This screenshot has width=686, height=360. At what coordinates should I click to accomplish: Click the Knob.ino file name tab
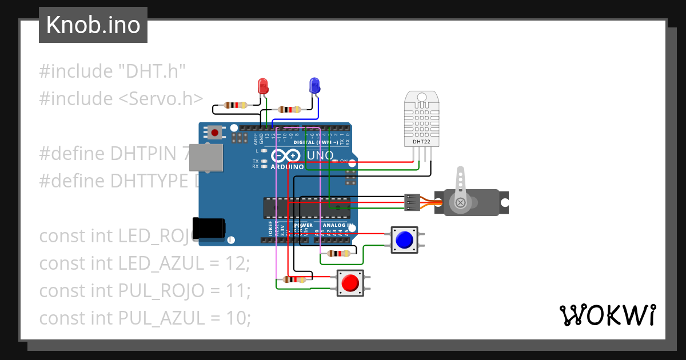pos(93,25)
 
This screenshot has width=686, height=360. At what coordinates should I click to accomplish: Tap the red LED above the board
pos(263,86)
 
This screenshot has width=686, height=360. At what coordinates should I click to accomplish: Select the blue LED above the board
pos(314,86)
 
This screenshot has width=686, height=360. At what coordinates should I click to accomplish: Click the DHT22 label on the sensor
pos(421,141)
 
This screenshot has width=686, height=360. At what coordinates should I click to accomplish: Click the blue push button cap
pos(404,240)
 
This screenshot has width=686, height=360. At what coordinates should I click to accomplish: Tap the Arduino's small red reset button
pos(214,133)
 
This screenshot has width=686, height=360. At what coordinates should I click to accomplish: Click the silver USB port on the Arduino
pos(206,158)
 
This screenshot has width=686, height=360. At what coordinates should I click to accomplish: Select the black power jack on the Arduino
pos(208,228)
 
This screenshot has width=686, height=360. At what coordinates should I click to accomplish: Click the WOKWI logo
pos(607,315)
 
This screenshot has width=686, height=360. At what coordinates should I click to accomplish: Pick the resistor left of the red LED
pos(236,105)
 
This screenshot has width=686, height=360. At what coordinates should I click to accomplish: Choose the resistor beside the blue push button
pos(337,254)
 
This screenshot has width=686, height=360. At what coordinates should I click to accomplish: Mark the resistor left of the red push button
pos(294,279)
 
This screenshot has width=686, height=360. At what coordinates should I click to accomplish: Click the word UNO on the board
pos(321,155)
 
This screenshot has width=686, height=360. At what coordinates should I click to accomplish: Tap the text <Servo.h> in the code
pos(161,98)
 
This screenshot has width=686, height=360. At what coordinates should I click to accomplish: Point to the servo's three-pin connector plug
pos(412,202)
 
